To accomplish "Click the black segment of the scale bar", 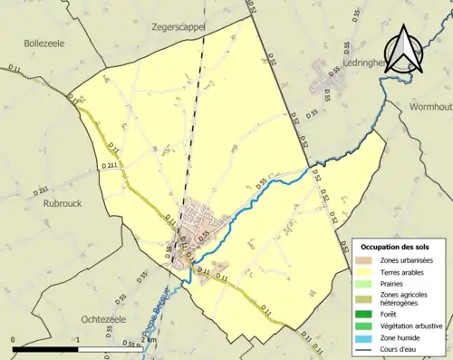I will [45, 348].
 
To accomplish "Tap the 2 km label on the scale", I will [150, 339].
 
